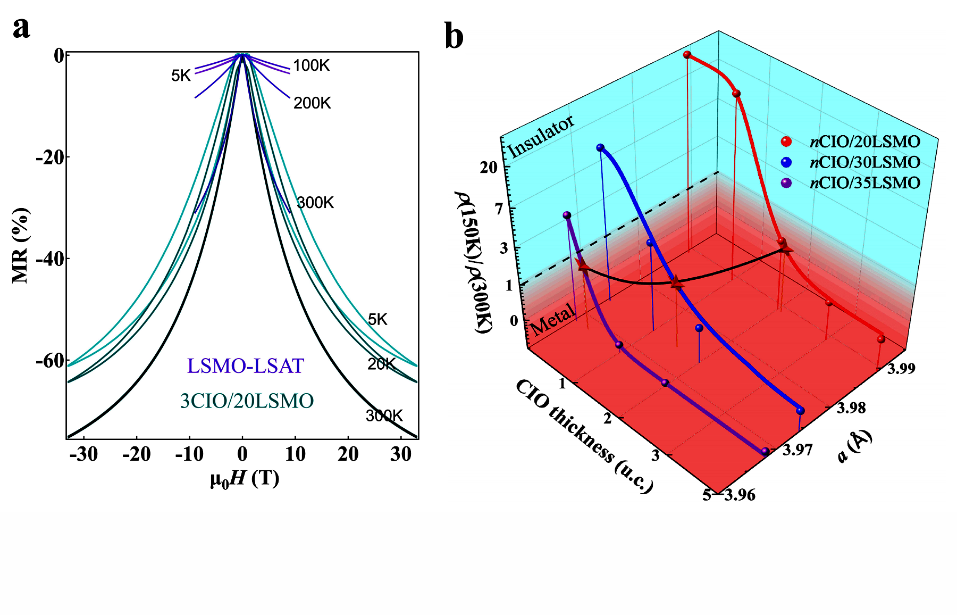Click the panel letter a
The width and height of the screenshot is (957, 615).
pos(21,28)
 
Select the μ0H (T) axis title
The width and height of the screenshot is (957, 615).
pos(245,479)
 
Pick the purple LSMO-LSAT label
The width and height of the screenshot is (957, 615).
pos(245,366)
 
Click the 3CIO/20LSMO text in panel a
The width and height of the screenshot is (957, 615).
pos(247,401)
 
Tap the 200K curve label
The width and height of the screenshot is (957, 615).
pos(312,103)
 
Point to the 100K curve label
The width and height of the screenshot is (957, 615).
pos(311,66)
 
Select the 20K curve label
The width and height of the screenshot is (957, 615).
pos(381,364)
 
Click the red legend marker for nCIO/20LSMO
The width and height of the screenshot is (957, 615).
pos(786,142)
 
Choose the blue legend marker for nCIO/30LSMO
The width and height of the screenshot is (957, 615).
pos(786,162)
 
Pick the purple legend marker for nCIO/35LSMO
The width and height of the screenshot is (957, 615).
pos(786,183)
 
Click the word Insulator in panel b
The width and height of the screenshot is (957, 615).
pos(541,136)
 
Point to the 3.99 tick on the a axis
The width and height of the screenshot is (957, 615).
pos(901,369)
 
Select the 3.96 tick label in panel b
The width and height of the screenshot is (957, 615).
pos(740,495)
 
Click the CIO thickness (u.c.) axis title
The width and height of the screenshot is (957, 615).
pos(584,436)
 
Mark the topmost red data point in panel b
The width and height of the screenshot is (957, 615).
pos(687,55)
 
